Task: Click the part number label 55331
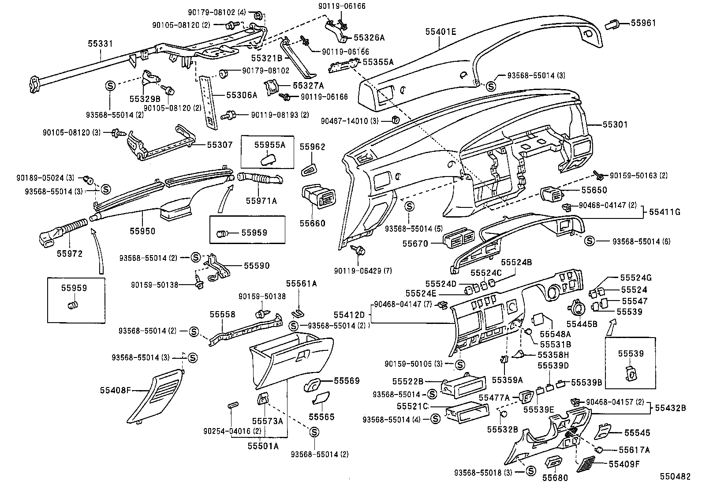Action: point(101,44)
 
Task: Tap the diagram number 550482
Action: point(675,477)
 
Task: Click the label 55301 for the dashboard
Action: point(615,125)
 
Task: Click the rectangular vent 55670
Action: point(457,239)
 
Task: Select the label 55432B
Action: point(670,408)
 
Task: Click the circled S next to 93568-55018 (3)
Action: point(530,472)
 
